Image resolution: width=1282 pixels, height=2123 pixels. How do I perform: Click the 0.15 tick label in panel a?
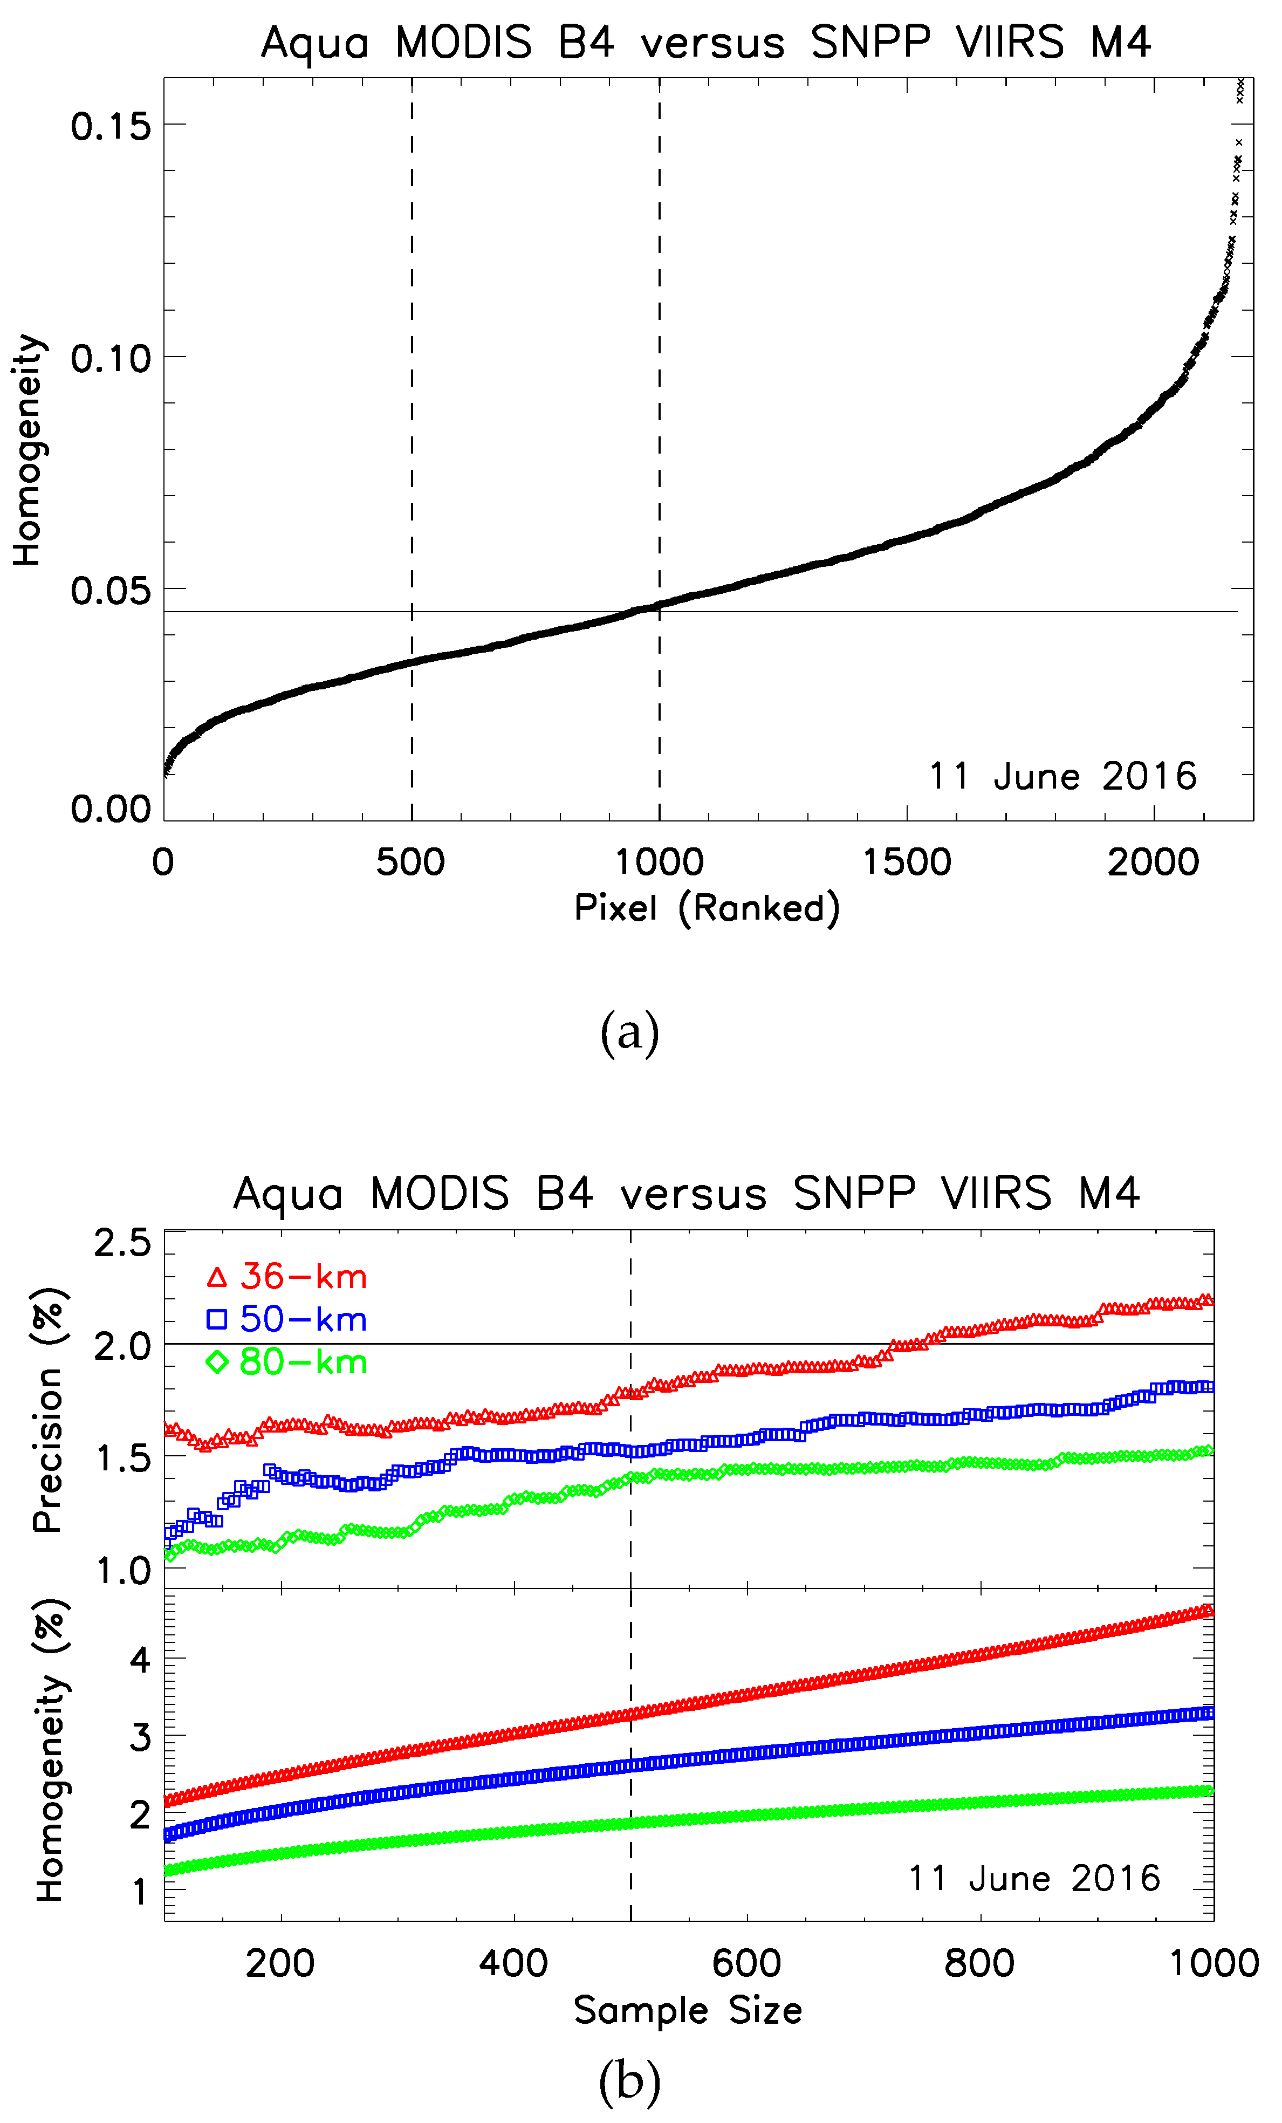point(110,127)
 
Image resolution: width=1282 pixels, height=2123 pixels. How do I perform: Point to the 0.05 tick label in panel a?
point(110,591)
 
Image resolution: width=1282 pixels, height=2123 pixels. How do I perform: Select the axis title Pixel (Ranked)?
point(707,909)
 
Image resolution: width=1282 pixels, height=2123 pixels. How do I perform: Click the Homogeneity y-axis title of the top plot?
point(28,450)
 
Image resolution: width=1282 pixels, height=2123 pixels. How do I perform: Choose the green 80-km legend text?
point(303,1362)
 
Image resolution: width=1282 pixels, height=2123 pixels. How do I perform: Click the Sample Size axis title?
point(688,2010)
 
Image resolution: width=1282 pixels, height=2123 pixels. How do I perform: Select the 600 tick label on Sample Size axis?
point(746,1963)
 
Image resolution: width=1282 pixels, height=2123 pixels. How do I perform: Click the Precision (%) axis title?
point(48,1409)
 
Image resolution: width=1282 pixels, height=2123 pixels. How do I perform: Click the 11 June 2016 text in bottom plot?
point(1034,1878)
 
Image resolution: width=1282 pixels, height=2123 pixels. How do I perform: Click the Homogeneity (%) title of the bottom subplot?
point(50,1750)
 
